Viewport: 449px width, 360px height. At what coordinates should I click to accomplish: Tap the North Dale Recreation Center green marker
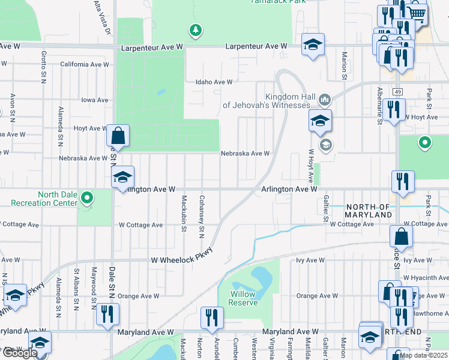[86, 197]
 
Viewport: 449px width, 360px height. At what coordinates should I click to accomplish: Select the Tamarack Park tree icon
[194, 30]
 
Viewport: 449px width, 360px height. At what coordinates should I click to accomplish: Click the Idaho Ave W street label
[214, 82]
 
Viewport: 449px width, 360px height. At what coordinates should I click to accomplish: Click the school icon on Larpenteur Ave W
[313, 45]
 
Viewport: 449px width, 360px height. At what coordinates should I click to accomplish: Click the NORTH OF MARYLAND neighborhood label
[369, 211]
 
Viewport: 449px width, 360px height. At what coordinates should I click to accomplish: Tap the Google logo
[20, 353]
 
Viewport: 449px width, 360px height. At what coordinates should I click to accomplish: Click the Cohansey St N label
[202, 215]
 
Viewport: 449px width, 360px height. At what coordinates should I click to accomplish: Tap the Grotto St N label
[44, 67]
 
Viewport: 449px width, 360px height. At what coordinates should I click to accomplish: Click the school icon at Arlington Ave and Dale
[123, 177]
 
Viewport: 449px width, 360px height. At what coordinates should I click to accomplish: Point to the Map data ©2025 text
[424, 355]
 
